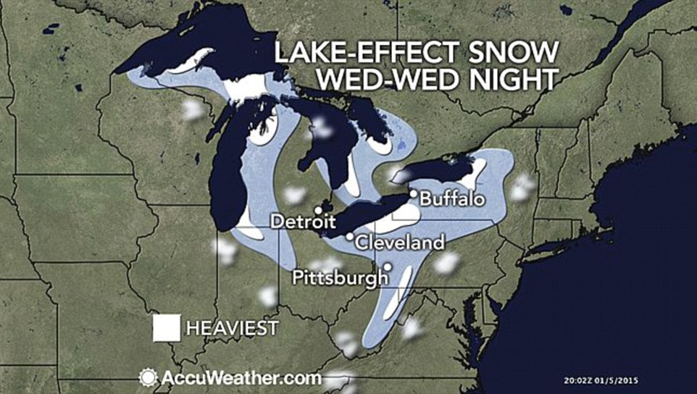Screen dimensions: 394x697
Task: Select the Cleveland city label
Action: pos(400,242)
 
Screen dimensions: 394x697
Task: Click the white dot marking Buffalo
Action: pos(412,194)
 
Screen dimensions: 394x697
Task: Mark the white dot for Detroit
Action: pos(318,210)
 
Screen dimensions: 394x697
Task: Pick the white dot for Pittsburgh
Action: pos(388,266)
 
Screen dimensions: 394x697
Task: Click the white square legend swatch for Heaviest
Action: pos(167,327)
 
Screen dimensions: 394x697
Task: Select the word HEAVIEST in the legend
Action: pos(232,328)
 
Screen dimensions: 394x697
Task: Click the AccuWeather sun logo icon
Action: pos(148,377)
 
